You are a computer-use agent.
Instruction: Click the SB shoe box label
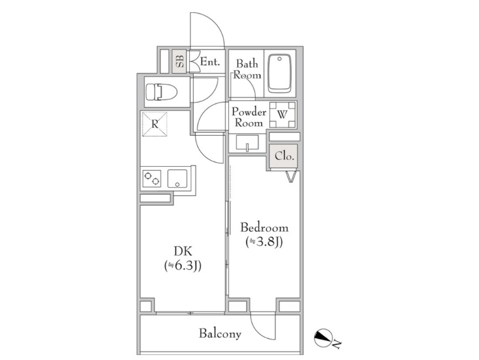[x=180, y=61]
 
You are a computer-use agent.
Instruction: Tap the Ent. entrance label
[x=210, y=62]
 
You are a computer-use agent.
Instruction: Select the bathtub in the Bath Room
[x=279, y=74]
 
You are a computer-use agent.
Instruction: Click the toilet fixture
[x=161, y=92]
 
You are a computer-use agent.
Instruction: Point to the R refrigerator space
[x=155, y=124]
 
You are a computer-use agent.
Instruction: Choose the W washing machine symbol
[x=282, y=115]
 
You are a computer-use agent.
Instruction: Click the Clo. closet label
[x=285, y=156]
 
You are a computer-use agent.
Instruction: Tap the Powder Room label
[x=249, y=117]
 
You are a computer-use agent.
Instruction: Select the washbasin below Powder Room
[x=248, y=143]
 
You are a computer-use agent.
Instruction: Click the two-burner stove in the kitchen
[x=152, y=178]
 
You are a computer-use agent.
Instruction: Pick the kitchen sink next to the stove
[x=177, y=178]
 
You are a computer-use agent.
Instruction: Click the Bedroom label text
[x=264, y=228]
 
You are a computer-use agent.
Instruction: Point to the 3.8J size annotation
[x=264, y=242]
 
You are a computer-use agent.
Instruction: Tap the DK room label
[x=183, y=251]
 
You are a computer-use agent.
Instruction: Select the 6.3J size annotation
[x=183, y=266]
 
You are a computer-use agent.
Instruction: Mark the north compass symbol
[x=324, y=338]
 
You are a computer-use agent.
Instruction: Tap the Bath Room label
[x=247, y=69]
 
